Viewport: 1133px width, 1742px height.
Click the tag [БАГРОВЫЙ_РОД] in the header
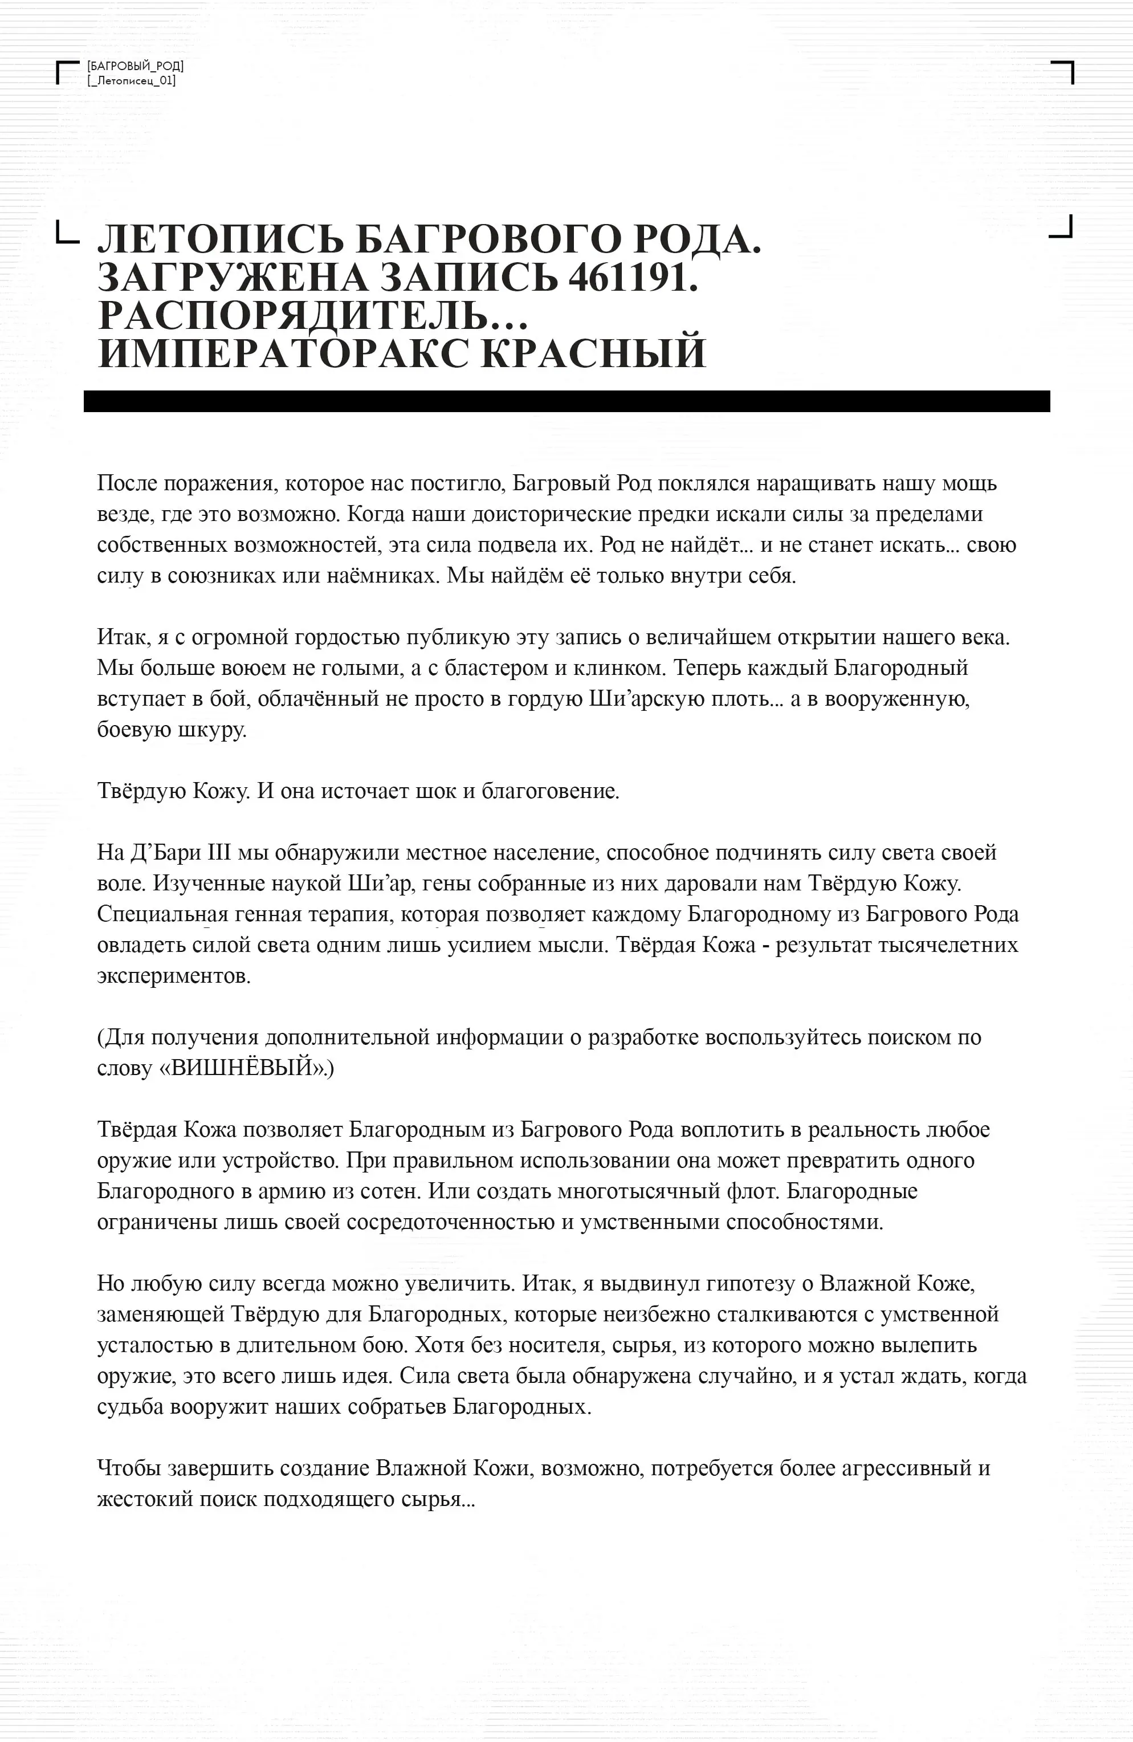tap(136, 67)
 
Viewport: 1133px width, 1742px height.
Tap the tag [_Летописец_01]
tap(132, 80)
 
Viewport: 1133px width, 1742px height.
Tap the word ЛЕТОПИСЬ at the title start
tap(216, 239)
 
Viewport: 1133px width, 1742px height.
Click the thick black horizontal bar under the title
tap(566, 401)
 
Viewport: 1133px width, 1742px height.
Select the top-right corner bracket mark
tap(1063, 72)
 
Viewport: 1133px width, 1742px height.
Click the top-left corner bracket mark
tap(67, 72)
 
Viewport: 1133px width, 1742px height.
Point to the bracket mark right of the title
tap(1062, 226)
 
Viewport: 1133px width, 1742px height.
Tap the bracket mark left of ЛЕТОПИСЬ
tap(67, 232)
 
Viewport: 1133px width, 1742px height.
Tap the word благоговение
tap(549, 791)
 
